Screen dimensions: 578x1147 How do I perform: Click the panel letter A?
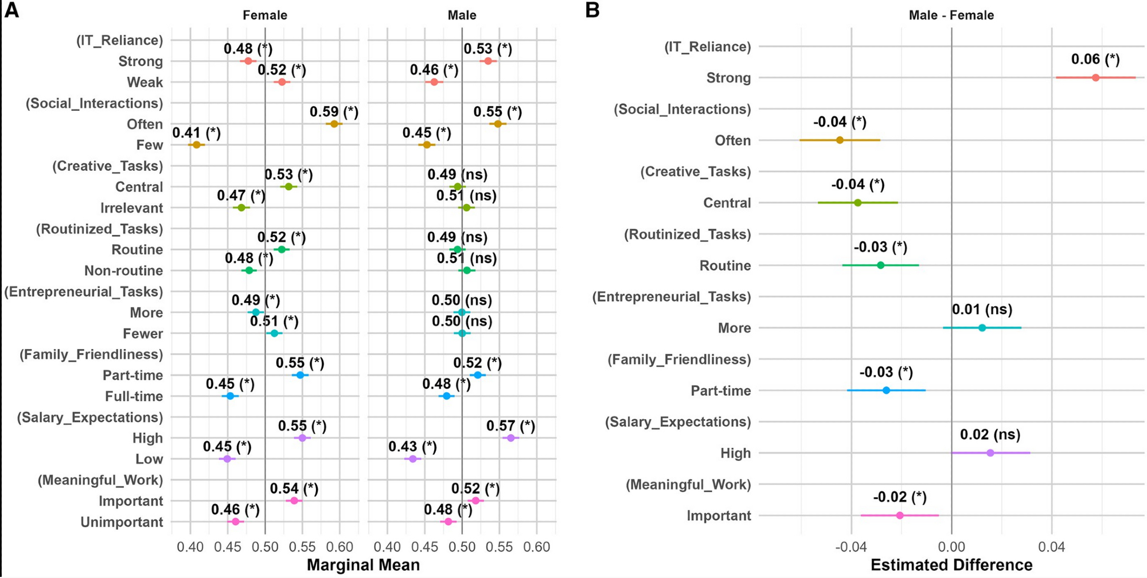coord(11,10)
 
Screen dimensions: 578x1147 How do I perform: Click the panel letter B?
coord(592,10)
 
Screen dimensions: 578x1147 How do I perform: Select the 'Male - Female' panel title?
coord(951,15)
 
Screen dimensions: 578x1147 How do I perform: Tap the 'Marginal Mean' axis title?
coord(363,565)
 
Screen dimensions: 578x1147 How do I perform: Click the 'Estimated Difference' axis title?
coord(951,565)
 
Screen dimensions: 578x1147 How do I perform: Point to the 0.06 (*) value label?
coord(1095,59)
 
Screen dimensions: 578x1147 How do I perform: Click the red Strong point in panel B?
coord(1095,77)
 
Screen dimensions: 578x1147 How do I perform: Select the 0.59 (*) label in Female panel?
coord(334,112)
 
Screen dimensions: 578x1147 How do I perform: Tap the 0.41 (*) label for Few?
coord(196,133)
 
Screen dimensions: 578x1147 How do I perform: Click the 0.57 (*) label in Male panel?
coord(510,426)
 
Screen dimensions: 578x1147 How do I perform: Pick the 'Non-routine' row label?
coord(123,271)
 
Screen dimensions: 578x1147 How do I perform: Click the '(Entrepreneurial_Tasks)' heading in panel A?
coord(84,292)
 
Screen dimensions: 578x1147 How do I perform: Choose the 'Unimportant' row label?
coord(122,522)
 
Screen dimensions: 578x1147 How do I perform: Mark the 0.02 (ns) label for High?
coord(990,435)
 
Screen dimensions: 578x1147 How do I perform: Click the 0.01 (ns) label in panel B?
coord(982,310)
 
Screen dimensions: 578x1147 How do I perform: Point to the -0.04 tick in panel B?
coord(851,546)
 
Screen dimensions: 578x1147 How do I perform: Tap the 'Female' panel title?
coord(264,15)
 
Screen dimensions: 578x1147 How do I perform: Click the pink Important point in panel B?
coord(899,515)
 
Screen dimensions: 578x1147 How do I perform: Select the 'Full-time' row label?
coord(134,396)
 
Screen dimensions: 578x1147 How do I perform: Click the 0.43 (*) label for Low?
coord(412,447)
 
